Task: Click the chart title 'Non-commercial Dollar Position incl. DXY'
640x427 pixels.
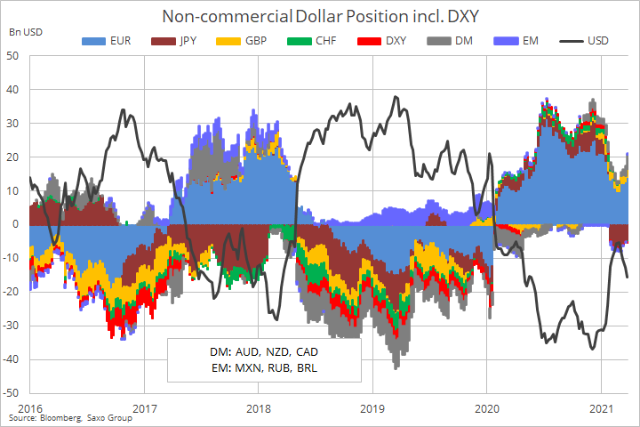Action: coord(320,16)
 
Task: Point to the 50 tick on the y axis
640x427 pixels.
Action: coord(14,56)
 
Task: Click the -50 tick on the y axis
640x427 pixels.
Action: coord(12,392)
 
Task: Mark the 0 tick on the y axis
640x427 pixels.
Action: coord(18,224)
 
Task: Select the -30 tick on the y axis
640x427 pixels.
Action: coord(12,326)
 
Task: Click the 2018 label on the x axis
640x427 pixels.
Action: coord(259,407)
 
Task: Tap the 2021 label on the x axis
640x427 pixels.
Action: coord(602,407)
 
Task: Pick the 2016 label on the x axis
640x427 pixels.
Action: coord(30,407)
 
